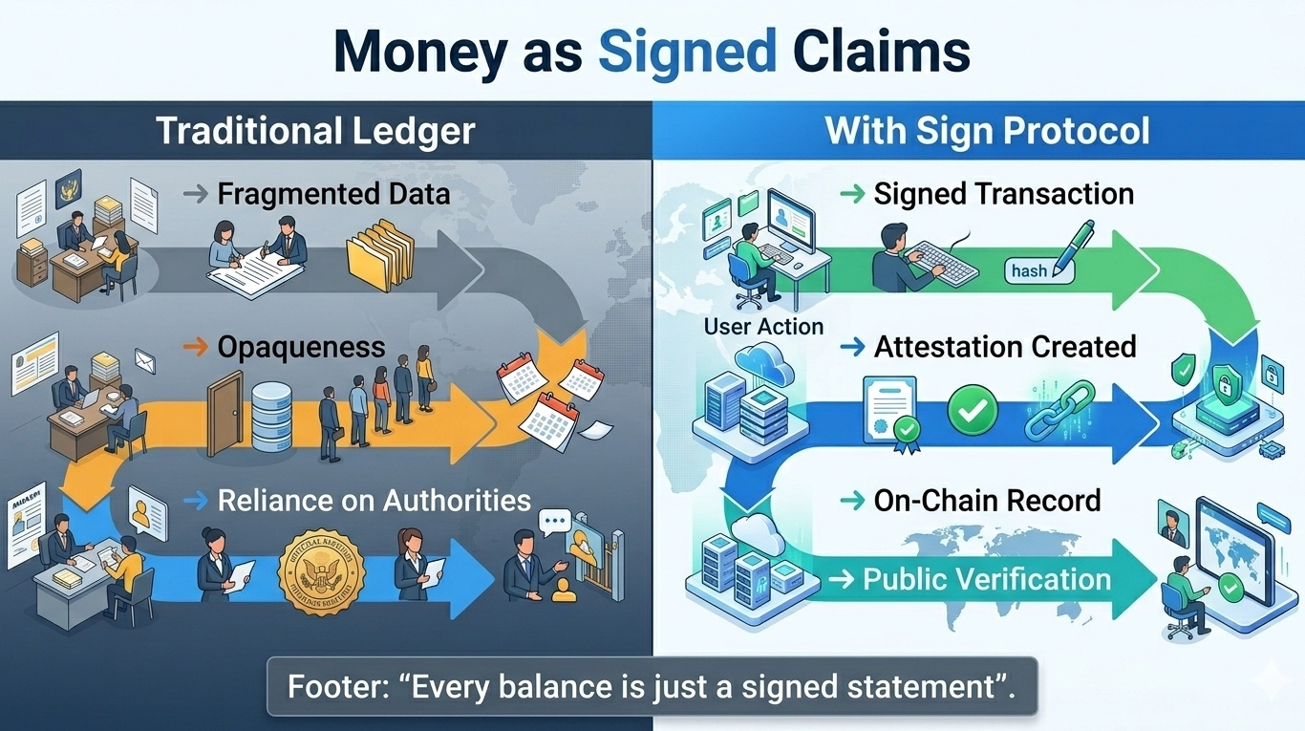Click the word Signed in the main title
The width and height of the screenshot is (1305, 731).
[x=687, y=53]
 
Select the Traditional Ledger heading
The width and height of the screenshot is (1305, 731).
[x=315, y=130]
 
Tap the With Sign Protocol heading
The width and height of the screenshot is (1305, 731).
[x=987, y=130]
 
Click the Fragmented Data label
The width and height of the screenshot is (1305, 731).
[x=333, y=194]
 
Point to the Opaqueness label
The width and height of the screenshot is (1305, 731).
[x=301, y=347]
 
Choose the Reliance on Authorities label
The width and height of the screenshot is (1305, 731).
[x=374, y=500]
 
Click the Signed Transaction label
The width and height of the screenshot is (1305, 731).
[x=1003, y=194]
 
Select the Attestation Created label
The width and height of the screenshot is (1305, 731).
[x=1005, y=347]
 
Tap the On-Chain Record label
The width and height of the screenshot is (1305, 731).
[x=987, y=500]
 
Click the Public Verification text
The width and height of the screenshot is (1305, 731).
[x=987, y=579]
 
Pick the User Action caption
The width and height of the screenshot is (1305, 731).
[x=763, y=326]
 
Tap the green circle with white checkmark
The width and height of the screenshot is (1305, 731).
[x=972, y=412]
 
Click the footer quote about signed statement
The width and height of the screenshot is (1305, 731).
[x=652, y=686]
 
